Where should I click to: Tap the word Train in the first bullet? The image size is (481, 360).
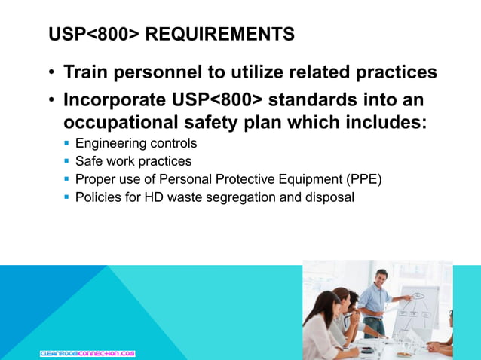tap(86, 72)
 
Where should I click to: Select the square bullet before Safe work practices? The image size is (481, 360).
tap(67, 161)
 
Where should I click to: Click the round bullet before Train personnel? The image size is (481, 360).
tap(51, 73)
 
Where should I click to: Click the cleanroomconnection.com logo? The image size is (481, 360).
tap(87, 352)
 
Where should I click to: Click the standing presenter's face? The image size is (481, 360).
tap(381, 278)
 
